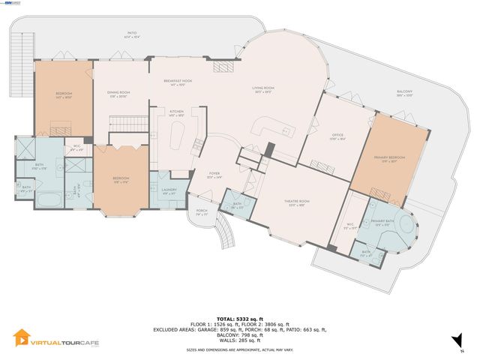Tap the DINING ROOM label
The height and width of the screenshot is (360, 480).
tap(120, 94)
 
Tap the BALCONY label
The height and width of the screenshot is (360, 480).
tap(404, 93)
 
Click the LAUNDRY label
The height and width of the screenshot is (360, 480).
tap(169, 189)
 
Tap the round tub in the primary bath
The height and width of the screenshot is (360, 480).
tap(405, 227)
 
